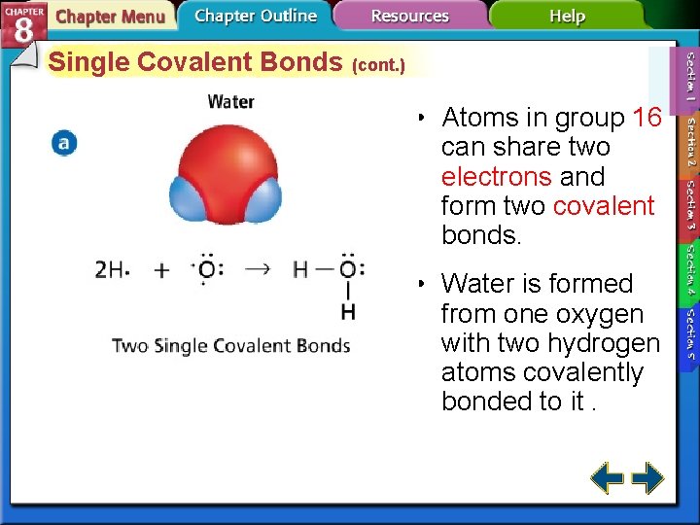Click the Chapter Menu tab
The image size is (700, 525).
[109, 17]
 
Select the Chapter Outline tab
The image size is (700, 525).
[255, 17]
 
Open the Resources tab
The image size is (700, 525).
[409, 17]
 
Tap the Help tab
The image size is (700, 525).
[567, 17]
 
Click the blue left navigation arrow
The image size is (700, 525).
[608, 478]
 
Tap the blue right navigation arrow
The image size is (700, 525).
[647, 478]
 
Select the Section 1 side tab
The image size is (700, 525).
[688, 77]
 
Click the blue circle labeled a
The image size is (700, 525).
[64, 144]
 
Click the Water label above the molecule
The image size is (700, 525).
[230, 101]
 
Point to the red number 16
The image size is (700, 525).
[647, 119]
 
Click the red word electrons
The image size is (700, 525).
[497, 177]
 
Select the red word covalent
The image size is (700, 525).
[603, 206]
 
